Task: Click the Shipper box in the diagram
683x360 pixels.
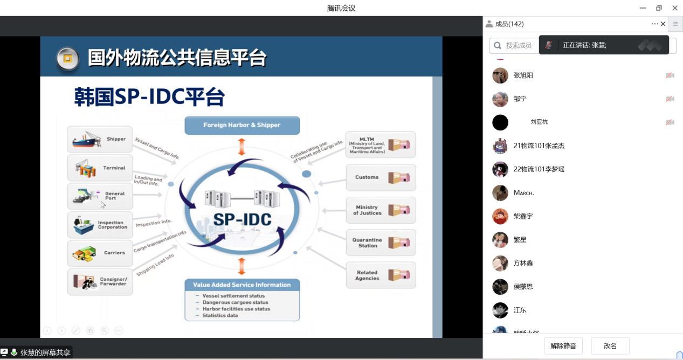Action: point(100,139)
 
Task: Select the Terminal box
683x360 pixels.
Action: point(100,168)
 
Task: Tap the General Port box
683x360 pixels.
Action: point(100,196)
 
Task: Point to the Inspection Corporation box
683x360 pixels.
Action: point(100,225)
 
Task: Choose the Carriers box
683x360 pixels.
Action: point(100,253)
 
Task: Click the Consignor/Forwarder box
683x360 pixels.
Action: point(100,281)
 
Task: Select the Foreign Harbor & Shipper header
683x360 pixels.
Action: point(242,125)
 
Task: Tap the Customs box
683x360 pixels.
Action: point(381,177)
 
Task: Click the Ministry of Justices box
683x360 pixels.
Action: point(381,210)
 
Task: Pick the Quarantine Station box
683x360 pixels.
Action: point(381,243)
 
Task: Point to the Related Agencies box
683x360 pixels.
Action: point(381,275)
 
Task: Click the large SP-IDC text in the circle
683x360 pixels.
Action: point(242,219)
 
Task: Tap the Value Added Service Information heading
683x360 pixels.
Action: point(242,285)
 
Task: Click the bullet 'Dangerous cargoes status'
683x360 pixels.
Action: point(235,302)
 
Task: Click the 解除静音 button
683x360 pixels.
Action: point(563,346)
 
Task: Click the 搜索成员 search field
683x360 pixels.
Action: point(518,46)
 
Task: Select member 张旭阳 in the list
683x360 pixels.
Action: point(523,75)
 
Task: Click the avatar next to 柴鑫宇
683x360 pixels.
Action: point(500,216)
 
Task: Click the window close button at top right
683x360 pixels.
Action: point(675,8)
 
